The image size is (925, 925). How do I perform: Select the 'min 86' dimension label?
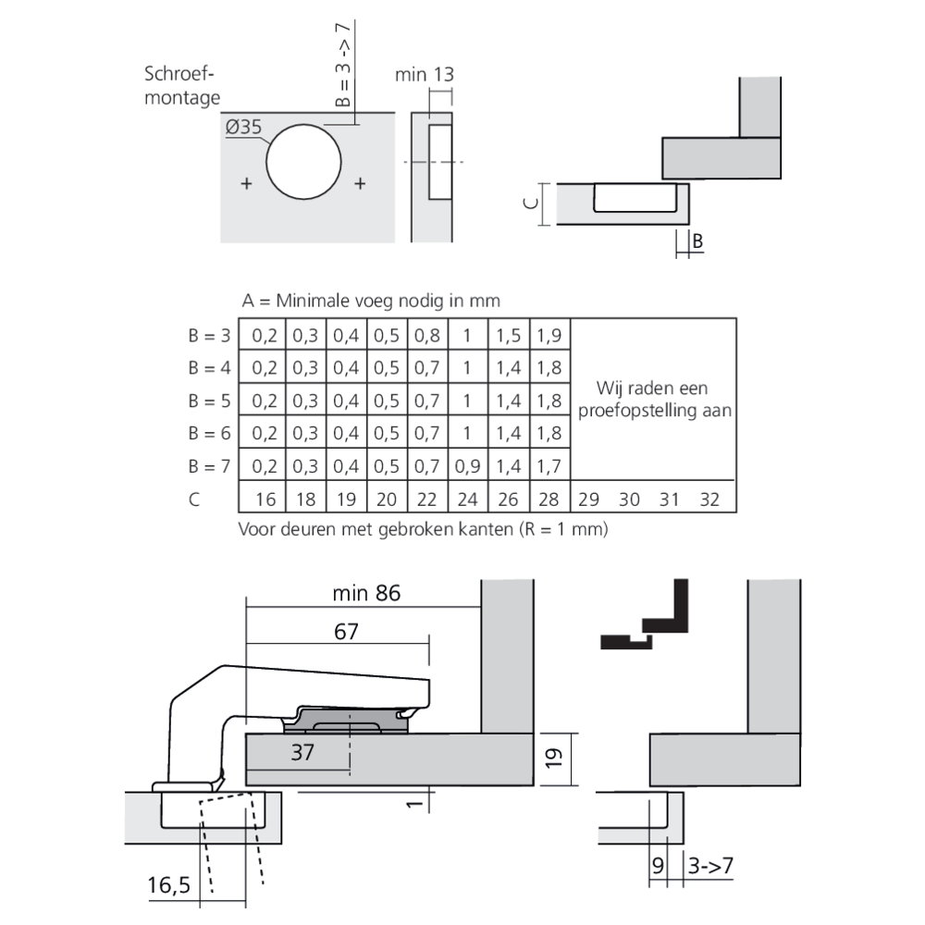pyautogui.click(x=366, y=593)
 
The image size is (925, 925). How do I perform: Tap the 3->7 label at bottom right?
pyautogui.click(x=711, y=867)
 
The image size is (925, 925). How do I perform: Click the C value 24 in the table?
pyautogui.click(x=468, y=499)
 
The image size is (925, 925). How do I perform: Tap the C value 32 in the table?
pyautogui.click(x=709, y=499)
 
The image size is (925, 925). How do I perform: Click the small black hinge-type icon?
pyautogui.click(x=647, y=617)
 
